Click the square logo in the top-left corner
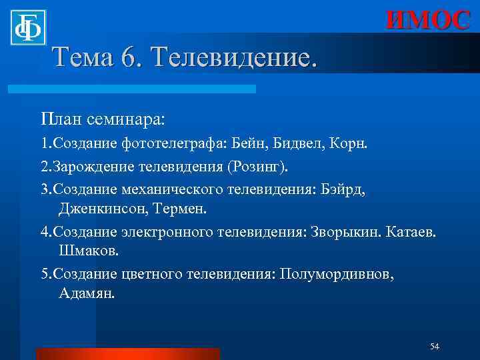pyautogui.click(x=28, y=27)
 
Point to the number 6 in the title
pyautogui.click(x=127, y=58)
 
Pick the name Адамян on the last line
pyautogui.click(x=87, y=294)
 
